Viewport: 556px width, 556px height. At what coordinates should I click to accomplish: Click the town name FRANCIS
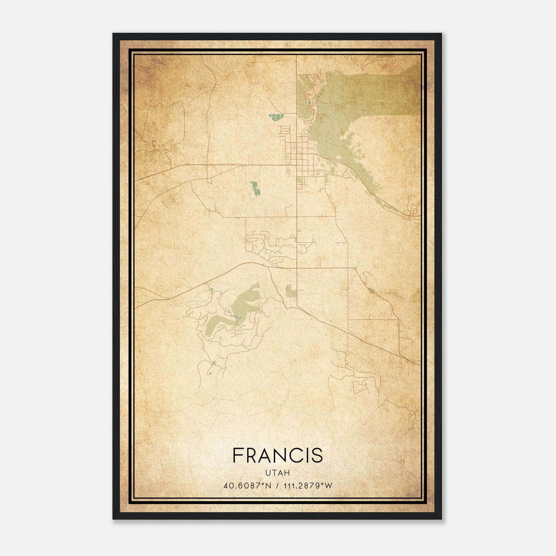tap(278, 455)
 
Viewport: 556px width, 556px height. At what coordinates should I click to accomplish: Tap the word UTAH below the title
tap(278, 473)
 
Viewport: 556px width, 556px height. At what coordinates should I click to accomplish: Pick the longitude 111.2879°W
tap(308, 486)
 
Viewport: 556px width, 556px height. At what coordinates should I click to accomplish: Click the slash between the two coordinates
tap(277, 486)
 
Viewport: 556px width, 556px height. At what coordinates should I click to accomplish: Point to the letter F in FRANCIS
tap(238, 455)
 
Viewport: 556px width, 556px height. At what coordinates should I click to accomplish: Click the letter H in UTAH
tap(287, 473)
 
